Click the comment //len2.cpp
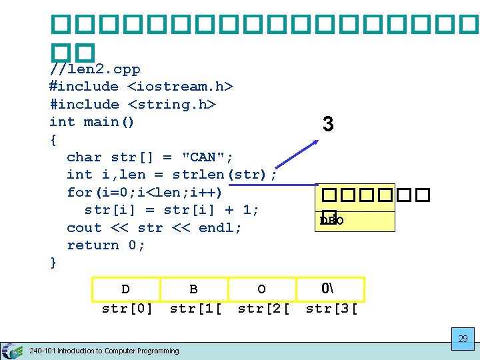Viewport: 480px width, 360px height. pos(95,69)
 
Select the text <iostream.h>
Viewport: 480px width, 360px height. pos(180,87)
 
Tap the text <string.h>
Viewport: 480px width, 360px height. pos(171,105)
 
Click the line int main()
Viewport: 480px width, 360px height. pos(92,122)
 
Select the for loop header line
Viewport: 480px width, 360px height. pos(144,192)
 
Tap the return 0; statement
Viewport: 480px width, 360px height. pos(106,245)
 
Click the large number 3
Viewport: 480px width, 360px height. pos(327,125)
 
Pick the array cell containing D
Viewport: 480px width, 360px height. pos(125,289)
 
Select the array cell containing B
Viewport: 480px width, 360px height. pos(193,289)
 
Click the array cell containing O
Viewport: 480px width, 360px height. pos(261,289)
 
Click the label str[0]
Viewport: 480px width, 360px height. pos(127,309)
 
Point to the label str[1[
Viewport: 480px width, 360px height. pos(195,309)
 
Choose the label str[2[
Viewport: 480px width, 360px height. pos(263,309)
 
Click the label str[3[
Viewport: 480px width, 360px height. pos(331,309)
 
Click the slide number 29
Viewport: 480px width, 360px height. pos(462,339)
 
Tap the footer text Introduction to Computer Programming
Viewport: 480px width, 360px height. pos(120,351)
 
